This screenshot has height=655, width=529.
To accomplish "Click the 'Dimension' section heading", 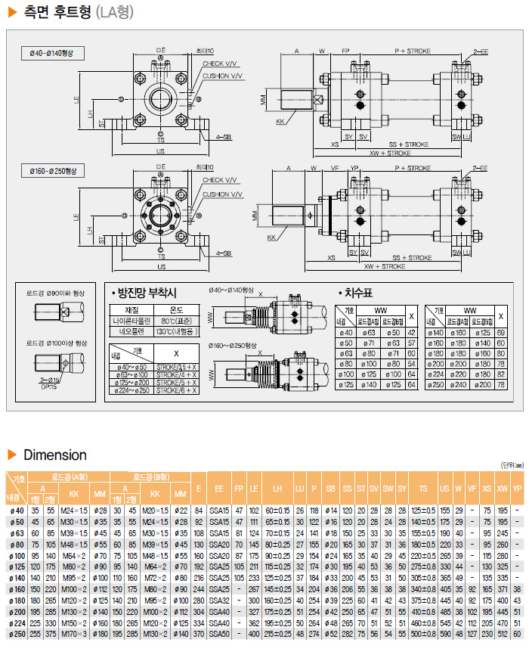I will pyautogui.click(x=54, y=455).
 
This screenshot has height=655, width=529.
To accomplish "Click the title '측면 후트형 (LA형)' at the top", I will pyautogui.click(x=72, y=13).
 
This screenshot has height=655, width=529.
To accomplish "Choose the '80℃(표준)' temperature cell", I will pyautogui.click(x=178, y=320).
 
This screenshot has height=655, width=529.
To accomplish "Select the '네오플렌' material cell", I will pyautogui.click(x=131, y=331).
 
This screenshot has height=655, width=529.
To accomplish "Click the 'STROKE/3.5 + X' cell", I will pyautogui.click(x=178, y=367).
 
